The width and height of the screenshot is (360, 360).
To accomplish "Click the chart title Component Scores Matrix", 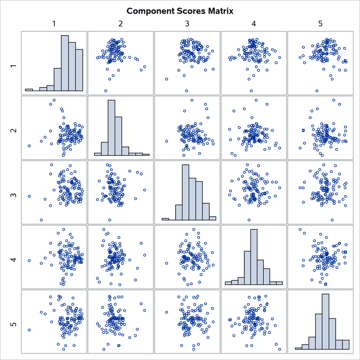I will pyautogui.click(x=179, y=11).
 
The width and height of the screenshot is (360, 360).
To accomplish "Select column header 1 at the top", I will pyautogui.click(x=54, y=24).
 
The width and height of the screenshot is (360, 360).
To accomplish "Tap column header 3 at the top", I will pyautogui.click(x=187, y=24).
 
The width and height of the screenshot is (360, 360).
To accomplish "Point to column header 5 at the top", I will pyautogui.click(x=321, y=24).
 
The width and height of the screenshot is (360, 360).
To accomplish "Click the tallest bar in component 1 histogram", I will pyautogui.click(x=64, y=63).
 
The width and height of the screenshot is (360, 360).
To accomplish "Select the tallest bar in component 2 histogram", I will pyautogui.click(x=111, y=128).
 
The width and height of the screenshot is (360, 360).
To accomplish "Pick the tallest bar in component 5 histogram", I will pyautogui.click(x=325, y=322).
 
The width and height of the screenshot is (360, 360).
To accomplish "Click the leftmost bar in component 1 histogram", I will pyautogui.click(x=29, y=90).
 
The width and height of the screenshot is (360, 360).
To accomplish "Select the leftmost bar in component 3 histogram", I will pyautogui.click(x=165, y=219).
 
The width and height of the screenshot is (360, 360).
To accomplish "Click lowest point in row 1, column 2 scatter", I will pyautogui.click(x=105, y=91).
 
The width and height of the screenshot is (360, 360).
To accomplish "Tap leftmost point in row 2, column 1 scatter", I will pyautogui.click(x=29, y=146).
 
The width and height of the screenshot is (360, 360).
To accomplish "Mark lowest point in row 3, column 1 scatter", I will pyautogui.click(x=41, y=220).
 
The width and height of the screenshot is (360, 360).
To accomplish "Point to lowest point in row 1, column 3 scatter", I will pyautogui.click(x=186, y=91).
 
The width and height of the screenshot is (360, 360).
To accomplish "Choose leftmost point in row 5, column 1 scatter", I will pyautogui.click(x=29, y=330).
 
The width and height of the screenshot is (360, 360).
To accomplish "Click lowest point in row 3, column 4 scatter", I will pyautogui.click(x=249, y=220).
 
